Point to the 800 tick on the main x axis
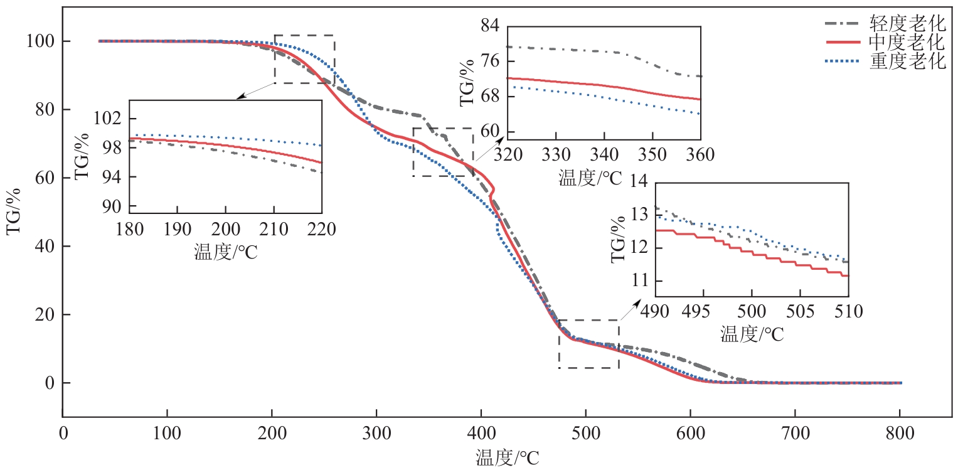(900, 434)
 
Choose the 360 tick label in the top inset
(700, 154)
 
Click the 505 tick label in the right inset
(799, 311)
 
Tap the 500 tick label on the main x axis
(585, 434)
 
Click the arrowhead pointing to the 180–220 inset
(238, 97)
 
